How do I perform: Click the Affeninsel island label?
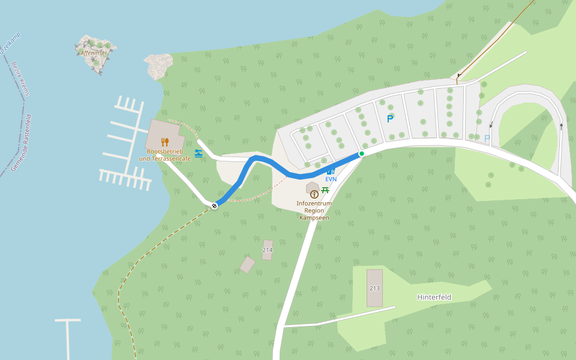tap(93, 53)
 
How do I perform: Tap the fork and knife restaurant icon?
tap(164, 142)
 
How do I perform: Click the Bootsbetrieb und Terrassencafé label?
tap(164, 155)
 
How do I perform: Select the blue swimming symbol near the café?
tap(199, 154)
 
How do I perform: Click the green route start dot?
tap(362, 154)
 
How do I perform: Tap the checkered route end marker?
tap(214, 206)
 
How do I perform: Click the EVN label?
tap(331, 179)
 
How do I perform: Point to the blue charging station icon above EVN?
tap(331, 171)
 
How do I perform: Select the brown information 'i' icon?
tap(314, 194)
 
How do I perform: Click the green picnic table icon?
tap(325, 190)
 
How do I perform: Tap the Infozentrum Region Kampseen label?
tap(314, 211)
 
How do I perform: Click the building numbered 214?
tap(268, 250)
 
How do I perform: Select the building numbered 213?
tap(374, 288)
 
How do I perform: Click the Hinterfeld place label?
tap(434, 297)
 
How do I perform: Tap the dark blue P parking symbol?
tap(390, 119)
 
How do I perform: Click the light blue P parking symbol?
tap(487, 139)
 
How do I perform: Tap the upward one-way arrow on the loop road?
tap(561, 127)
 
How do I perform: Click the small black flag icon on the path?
tap(459, 76)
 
